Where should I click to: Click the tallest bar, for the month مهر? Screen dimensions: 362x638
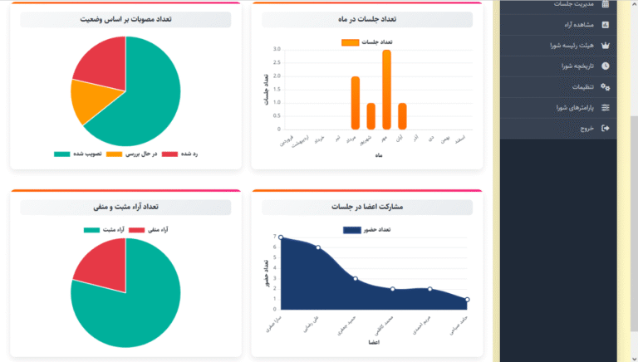(x=386, y=90)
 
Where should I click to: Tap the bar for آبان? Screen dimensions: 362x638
(x=402, y=116)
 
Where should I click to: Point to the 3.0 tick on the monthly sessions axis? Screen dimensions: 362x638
(x=277, y=49)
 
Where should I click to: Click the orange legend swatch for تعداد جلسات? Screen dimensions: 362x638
(x=351, y=42)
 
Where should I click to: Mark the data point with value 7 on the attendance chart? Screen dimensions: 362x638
(x=281, y=237)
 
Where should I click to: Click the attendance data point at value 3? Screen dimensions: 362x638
(x=356, y=278)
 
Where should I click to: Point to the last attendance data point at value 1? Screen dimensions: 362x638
(x=467, y=299)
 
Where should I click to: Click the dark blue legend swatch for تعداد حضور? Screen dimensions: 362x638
(x=352, y=230)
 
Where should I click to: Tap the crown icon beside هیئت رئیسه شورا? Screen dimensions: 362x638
(x=605, y=46)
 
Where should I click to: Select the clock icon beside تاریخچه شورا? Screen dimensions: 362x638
(x=605, y=66)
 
